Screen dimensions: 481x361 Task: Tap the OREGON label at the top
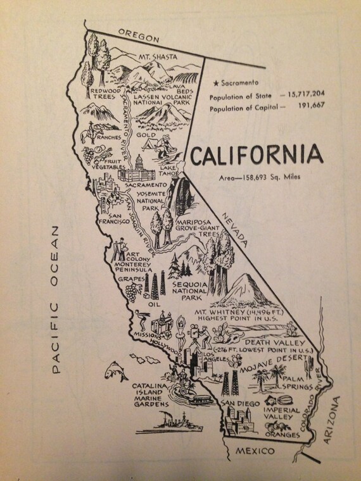[134, 34]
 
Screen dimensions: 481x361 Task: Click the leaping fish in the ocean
[115, 370]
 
